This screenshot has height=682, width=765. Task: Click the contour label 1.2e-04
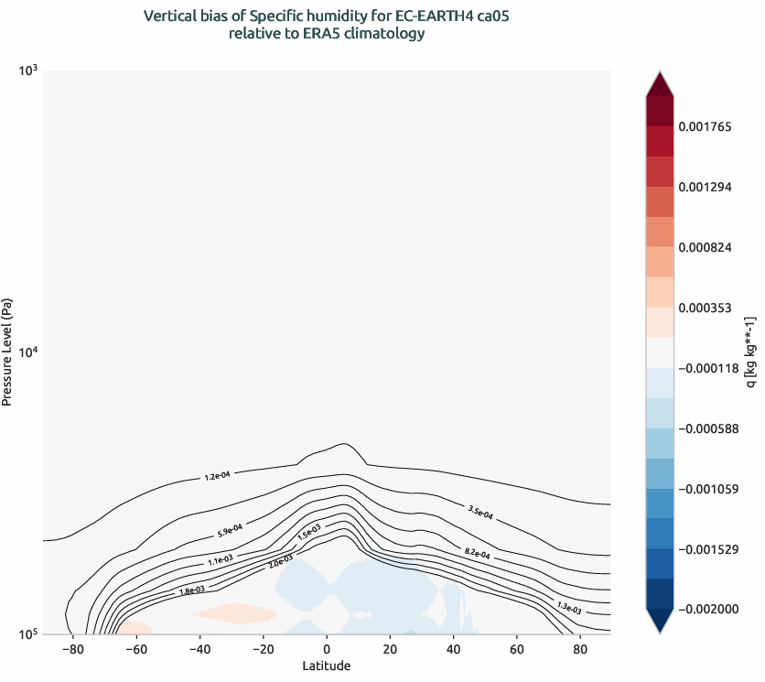(217, 476)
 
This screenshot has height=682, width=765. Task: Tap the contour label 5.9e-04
(230, 529)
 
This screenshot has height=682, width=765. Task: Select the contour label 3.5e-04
(480, 512)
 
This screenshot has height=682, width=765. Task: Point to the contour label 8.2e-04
(477, 553)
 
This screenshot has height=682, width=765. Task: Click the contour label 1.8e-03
(191, 590)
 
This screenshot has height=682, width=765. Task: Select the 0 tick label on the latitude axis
(327, 650)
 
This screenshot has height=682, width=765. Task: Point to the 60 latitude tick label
(517, 650)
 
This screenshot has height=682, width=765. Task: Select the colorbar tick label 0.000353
(705, 308)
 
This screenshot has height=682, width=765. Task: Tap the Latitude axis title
(327, 666)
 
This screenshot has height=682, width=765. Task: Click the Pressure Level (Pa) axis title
(8, 352)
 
